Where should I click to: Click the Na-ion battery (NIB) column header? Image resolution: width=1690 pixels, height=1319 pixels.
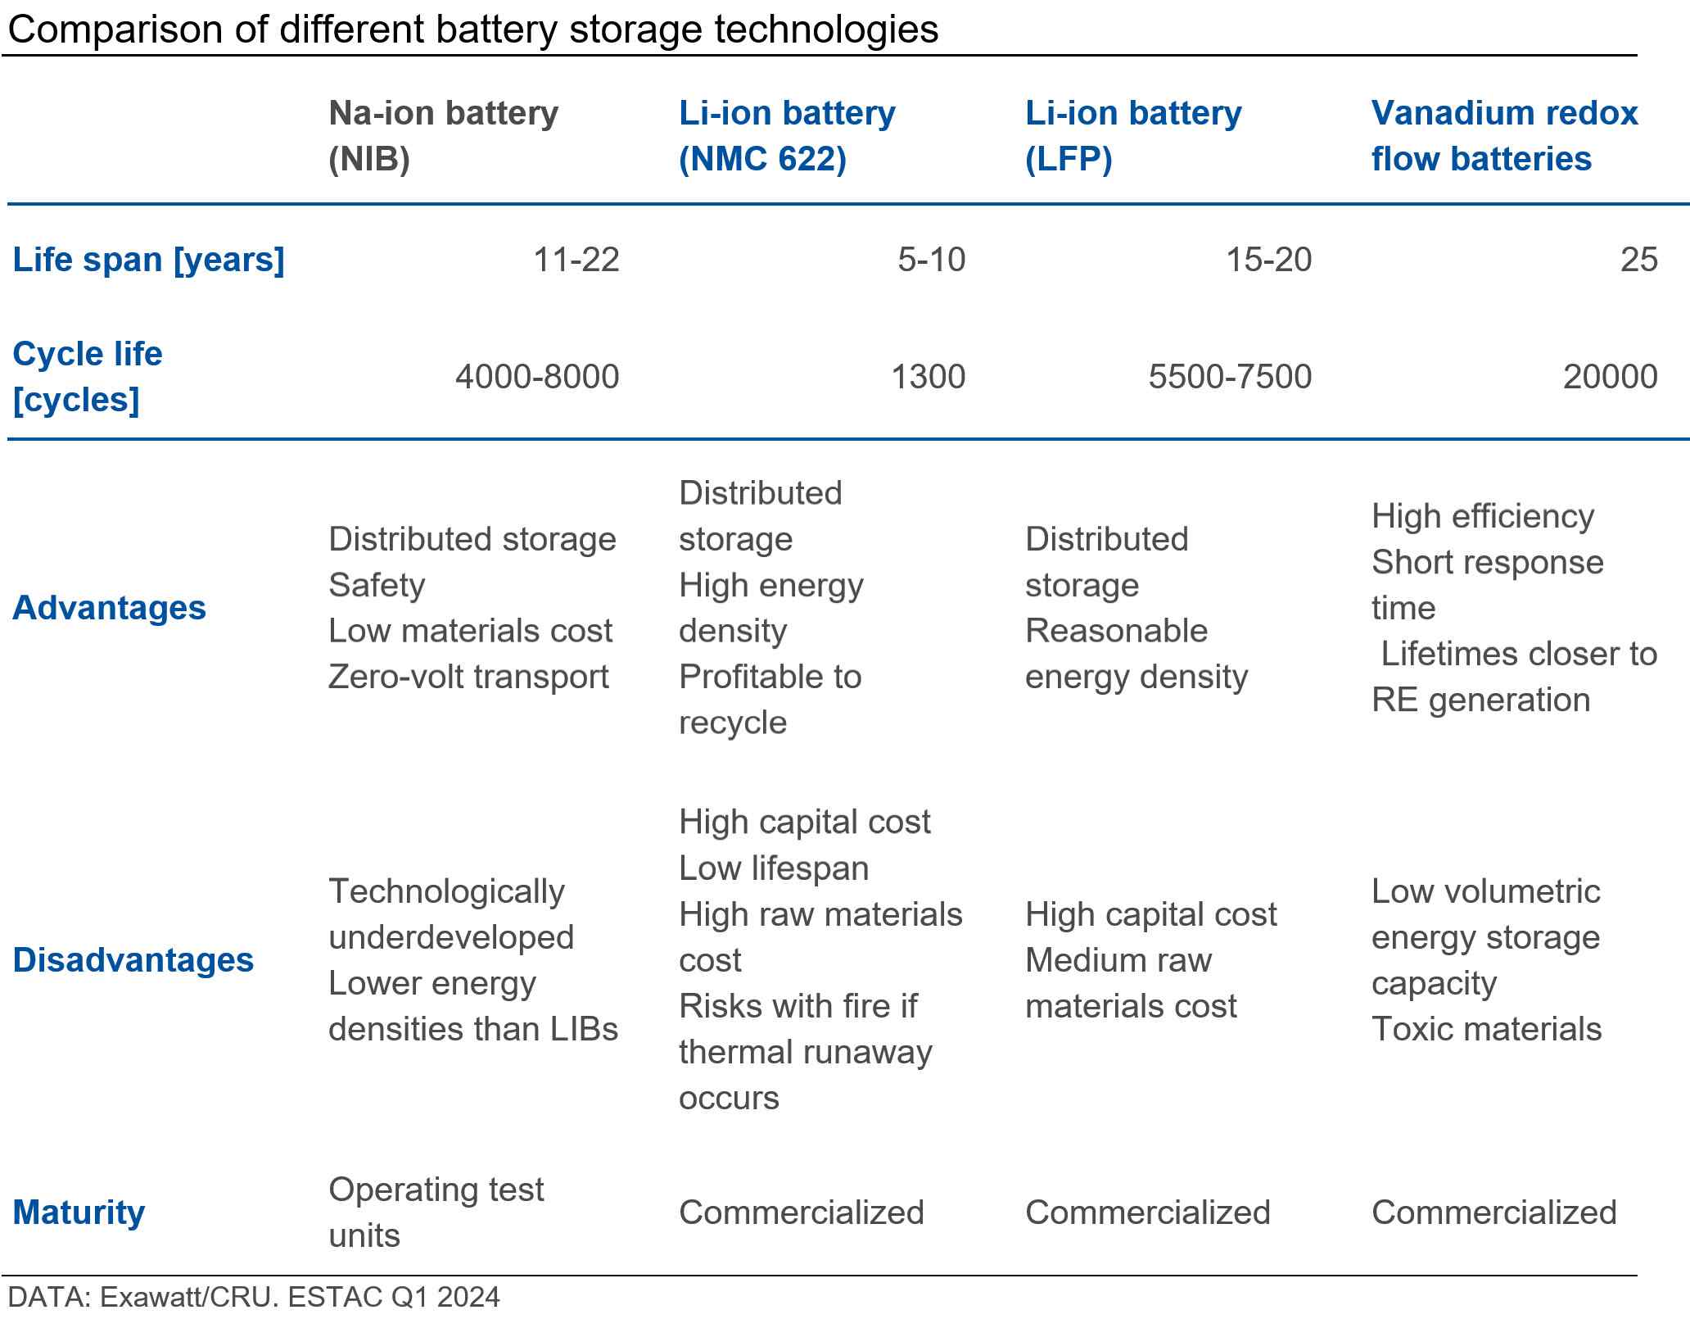click(x=443, y=135)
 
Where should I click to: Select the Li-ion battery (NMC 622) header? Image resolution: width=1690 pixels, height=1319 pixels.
click(x=787, y=135)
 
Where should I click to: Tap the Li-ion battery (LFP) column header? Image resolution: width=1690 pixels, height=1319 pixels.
click(x=1133, y=135)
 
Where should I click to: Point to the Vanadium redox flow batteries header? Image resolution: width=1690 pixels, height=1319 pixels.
click(x=1504, y=135)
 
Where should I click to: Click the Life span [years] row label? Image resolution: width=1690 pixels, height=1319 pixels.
click(x=148, y=260)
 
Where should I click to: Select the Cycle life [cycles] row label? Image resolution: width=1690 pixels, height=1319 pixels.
click(x=87, y=377)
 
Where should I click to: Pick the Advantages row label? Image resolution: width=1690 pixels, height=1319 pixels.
click(x=109, y=608)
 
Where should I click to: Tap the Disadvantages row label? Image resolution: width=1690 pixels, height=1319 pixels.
click(x=133, y=960)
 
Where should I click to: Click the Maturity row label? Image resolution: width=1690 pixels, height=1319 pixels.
click(x=79, y=1212)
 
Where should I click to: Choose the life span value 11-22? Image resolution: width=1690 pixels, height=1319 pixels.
click(x=576, y=260)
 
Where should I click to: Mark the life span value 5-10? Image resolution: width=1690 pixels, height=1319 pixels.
click(x=931, y=260)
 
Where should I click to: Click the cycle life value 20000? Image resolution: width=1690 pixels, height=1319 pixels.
click(x=1610, y=377)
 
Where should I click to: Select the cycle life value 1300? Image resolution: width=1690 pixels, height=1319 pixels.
click(x=928, y=377)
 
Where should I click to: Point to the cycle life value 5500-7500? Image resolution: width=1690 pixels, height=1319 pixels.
click(x=1230, y=377)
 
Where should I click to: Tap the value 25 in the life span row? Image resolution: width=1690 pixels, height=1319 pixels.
click(x=1638, y=260)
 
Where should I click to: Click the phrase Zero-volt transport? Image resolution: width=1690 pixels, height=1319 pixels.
click(x=468, y=677)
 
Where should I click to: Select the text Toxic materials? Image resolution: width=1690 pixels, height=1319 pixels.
click(x=1486, y=1029)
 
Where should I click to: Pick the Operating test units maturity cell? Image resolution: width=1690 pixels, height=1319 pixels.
click(x=436, y=1212)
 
